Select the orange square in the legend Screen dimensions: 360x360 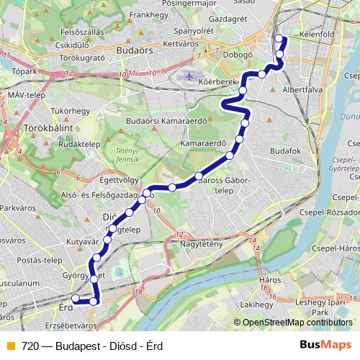[x=10, y=346]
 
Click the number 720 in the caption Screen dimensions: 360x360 [x=30, y=346]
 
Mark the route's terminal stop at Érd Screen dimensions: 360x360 [x=73, y=299]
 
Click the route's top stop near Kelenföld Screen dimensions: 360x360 [x=279, y=38]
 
